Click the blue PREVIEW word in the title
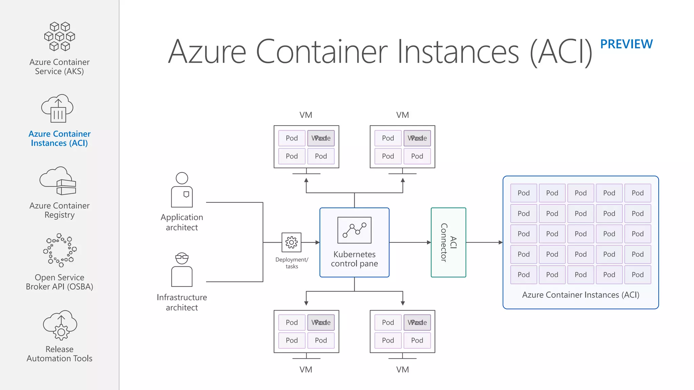coord(626,44)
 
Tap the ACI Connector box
coord(448,242)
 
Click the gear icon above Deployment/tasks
coord(291,242)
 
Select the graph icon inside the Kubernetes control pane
coord(354,230)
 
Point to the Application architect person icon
coord(182,190)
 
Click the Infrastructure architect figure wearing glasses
coord(182,269)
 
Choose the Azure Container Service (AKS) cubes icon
coord(60,37)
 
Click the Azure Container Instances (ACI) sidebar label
coord(60,138)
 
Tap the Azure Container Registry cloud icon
coord(58,181)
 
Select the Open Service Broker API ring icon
coord(60,250)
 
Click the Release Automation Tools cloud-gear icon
coord(60,325)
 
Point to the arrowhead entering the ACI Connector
coord(429,242)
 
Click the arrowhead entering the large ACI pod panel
coord(501,242)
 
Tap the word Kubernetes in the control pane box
coord(354,254)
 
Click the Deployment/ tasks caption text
coord(292,263)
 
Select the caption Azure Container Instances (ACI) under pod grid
coord(580,295)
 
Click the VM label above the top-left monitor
coord(306,115)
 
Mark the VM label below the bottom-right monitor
coord(402,369)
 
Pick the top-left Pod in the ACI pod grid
coord(524,193)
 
